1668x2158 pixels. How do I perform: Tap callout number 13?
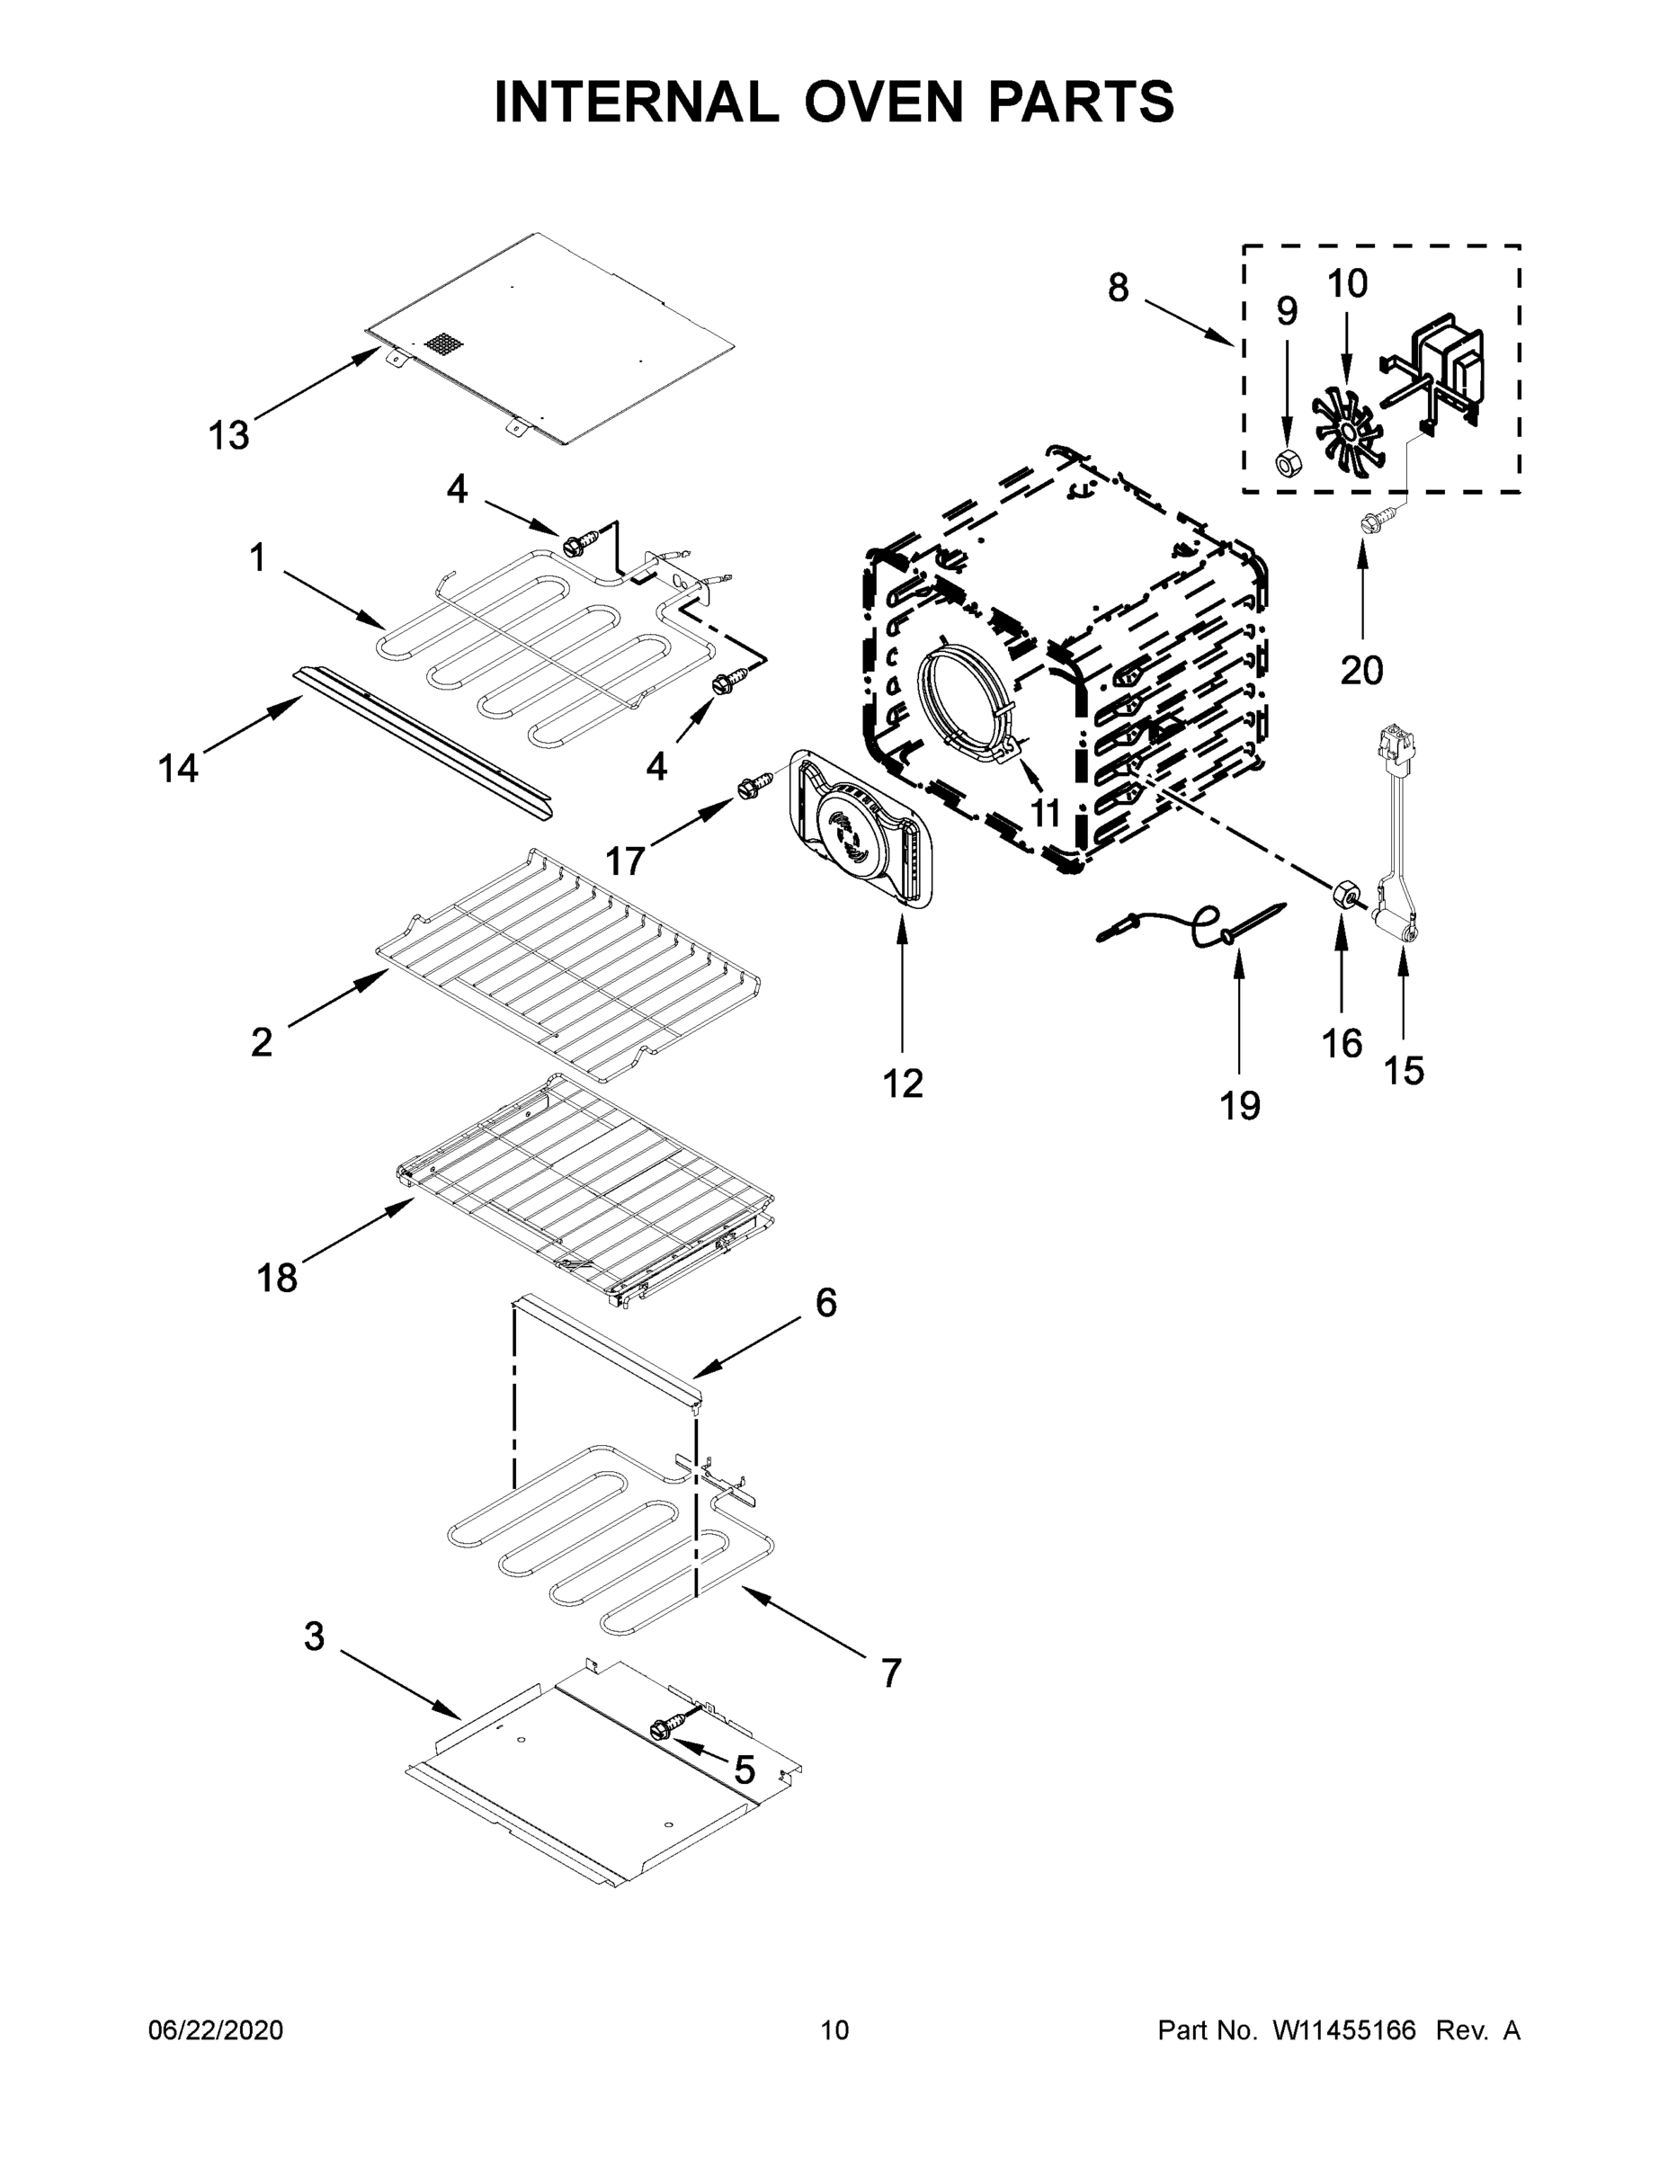tap(228, 435)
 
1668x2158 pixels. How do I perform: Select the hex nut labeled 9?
tap(1286, 460)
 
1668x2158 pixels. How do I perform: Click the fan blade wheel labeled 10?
tap(1348, 426)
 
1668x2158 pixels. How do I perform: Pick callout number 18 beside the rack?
tap(277, 1278)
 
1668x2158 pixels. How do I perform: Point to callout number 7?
tap(890, 1672)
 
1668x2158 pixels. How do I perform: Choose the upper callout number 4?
tap(457, 488)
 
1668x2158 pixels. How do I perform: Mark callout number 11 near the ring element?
tap(1045, 813)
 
